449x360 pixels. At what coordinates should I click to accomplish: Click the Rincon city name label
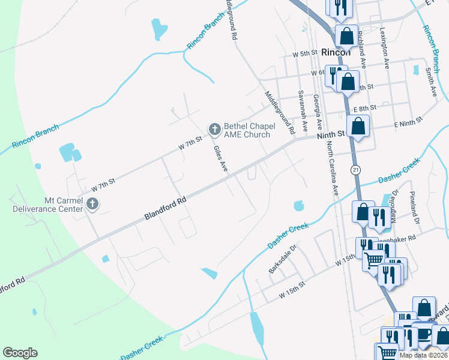tap(336, 52)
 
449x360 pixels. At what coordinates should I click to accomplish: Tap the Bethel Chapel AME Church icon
tap(214, 129)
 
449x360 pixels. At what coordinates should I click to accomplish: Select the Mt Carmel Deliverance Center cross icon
tap(92, 205)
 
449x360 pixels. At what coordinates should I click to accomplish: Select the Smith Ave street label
tap(430, 82)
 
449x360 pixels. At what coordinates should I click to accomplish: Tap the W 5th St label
tap(304, 54)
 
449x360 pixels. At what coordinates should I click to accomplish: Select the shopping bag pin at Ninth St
tap(358, 127)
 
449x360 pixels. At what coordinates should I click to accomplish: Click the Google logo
tap(20, 353)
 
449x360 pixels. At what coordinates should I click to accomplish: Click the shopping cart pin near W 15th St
tap(374, 259)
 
